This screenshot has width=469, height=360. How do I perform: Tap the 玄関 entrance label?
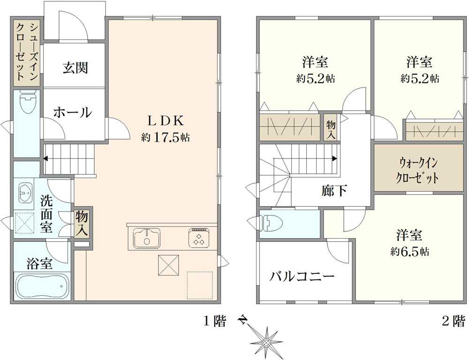(x=76, y=68)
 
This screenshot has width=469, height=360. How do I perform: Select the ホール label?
(x=73, y=112)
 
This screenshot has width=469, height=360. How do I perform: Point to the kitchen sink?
(x=146, y=238)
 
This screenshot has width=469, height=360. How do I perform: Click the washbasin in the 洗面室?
(x=26, y=193)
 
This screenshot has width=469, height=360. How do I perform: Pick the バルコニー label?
(x=302, y=276)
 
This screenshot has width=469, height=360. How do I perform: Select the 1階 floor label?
(x=214, y=322)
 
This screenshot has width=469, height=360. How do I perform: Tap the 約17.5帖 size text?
(x=166, y=137)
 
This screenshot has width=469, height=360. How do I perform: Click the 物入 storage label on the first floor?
(x=82, y=223)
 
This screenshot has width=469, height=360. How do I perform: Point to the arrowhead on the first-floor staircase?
(x=46, y=158)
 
